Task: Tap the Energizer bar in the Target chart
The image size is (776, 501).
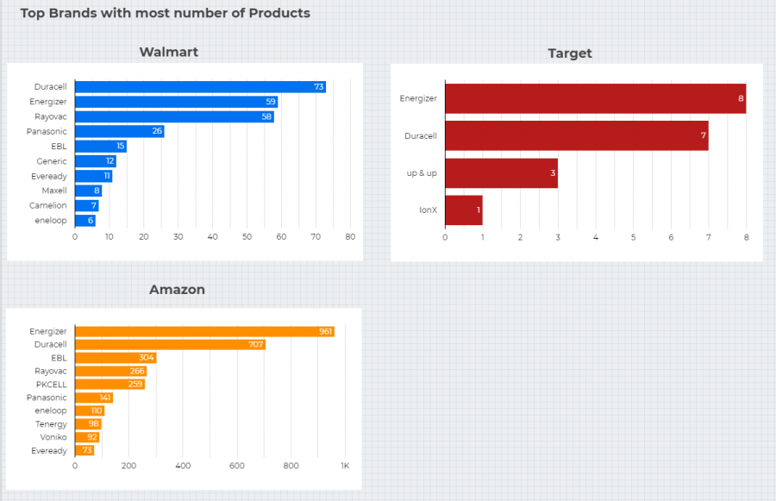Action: (595, 98)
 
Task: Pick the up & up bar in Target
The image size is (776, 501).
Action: (501, 173)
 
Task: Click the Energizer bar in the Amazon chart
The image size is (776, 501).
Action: (204, 332)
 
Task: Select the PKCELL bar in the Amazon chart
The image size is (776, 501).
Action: (110, 385)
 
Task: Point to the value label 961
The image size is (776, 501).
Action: (326, 332)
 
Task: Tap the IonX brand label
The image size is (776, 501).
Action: (427, 210)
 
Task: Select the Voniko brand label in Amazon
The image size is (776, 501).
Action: (53, 437)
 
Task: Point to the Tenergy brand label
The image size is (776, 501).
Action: (51, 424)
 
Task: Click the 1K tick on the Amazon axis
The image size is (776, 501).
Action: (344, 466)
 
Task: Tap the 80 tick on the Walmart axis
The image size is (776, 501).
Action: (350, 236)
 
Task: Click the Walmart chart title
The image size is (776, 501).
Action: (169, 52)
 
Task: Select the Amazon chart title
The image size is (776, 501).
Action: (177, 290)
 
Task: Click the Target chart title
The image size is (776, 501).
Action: (570, 53)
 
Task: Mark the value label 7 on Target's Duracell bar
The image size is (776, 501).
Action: (704, 136)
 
